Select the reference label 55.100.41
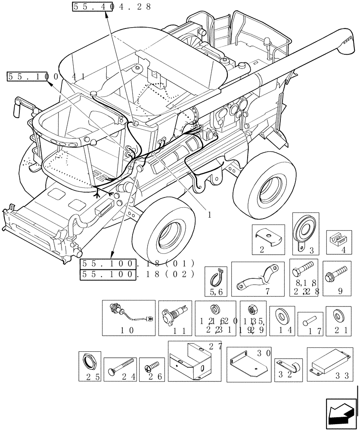[x=45, y=77]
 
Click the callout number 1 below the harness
[x=210, y=215]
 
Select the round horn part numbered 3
[x=305, y=232]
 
